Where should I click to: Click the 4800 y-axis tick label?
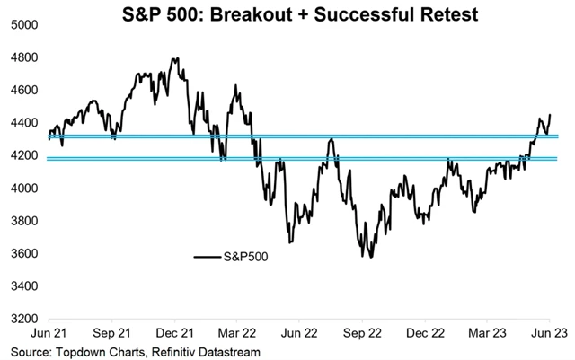(23, 58)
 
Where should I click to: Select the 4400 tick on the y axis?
(23, 123)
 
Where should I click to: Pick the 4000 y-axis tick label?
(23, 189)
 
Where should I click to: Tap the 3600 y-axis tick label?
(23, 254)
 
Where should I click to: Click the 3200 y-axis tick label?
(23, 319)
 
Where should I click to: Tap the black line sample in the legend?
(208, 258)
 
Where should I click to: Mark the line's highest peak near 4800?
(174, 58)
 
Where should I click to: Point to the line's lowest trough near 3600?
(371, 257)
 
